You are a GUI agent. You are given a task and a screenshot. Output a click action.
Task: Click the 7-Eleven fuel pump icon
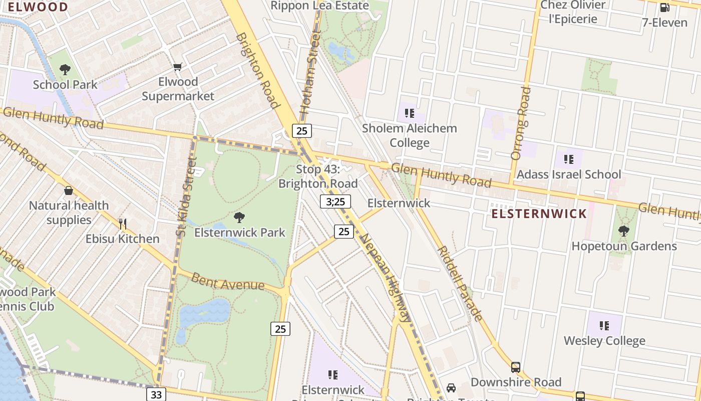pyautogui.click(x=665, y=8)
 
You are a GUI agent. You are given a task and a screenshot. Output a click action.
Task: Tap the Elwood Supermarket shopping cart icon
pyautogui.click(x=178, y=67)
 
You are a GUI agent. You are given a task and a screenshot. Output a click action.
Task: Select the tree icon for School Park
pyautogui.click(x=65, y=69)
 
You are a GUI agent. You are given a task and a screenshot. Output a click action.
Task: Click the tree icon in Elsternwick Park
pyautogui.click(x=239, y=218)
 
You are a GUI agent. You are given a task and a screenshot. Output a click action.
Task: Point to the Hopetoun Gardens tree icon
pyautogui.click(x=624, y=231)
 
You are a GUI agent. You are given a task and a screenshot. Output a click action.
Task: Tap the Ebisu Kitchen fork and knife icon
pyautogui.click(x=122, y=224)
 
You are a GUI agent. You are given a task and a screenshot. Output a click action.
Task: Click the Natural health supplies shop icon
pyautogui.click(x=69, y=190)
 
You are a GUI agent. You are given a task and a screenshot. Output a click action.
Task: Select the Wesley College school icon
pyautogui.click(x=604, y=326)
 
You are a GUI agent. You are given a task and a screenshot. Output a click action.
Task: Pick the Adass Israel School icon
pyautogui.click(x=568, y=159)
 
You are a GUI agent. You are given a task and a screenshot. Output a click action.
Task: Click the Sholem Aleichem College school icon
pyautogui.click(x=410, y=113)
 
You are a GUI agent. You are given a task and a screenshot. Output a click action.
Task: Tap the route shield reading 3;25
pyautogui.click(x=335, y=202)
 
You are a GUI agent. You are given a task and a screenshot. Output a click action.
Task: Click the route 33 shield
pyautogui.click(x=156, y=394)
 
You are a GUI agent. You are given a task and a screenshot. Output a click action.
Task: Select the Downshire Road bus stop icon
pyautogui.click(x=516, y=367)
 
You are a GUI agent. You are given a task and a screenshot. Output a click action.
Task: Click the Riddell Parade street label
pyautogui.click(x=460, y=284)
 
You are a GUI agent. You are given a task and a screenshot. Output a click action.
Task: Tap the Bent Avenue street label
pyautogui.click(x=228, y=282)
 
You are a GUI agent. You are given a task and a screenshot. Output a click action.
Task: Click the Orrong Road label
pyautogui.click(x=521, y=123)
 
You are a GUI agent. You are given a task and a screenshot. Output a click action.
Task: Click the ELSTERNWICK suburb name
pyautogui.click(x=539, y=214)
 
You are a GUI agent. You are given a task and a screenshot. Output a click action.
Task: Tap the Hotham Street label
pyautogui.click(x=309, y=71)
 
